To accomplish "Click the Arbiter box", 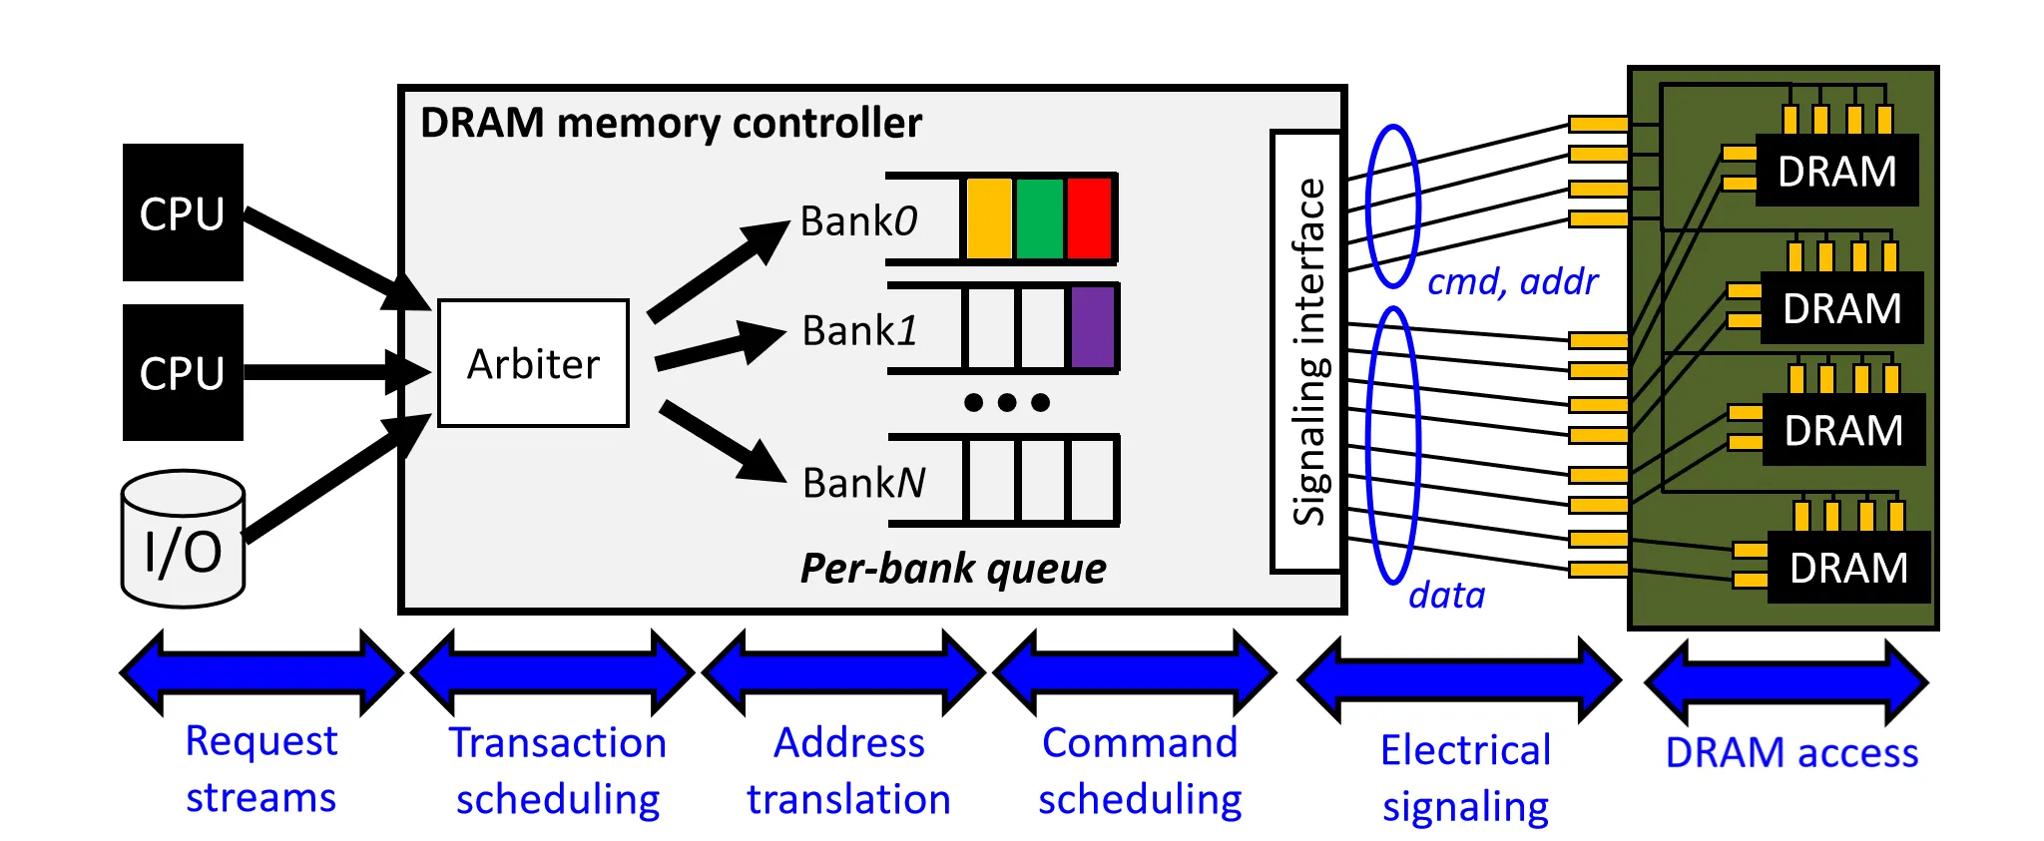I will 533,363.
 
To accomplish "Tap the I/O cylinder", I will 183,540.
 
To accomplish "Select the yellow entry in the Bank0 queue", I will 989,218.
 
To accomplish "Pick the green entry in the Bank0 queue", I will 1039,218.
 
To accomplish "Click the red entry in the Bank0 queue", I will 1089,218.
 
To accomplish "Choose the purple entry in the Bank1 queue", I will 1092,327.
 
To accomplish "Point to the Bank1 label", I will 859,330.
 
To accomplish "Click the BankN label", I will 863,483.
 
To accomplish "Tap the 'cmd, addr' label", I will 1512,282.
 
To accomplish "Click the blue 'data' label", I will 1446,596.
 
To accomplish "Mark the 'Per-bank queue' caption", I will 953,569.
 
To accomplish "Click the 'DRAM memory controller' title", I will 671,123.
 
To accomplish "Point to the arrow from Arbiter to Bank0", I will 718,271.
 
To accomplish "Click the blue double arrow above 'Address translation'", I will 844,673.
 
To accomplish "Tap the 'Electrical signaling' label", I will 1465,778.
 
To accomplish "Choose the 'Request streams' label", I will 261,769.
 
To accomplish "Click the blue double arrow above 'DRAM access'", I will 1787,683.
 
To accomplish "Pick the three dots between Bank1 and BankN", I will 1007,402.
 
